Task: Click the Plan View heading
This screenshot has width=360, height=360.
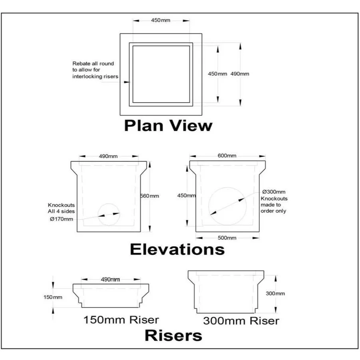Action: pyautogui.click(x=168, y=125)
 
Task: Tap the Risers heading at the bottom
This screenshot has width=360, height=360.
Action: pyautogui.click(x=173, y=335)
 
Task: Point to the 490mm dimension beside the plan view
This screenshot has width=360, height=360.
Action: pyautogui.click(x=240, y=74)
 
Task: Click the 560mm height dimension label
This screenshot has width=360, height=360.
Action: pyautogui.click(x=149, y=196)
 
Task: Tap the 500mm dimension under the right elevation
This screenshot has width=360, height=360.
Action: pyautogui.click(x=227, y=238)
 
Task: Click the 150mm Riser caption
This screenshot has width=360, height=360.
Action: pyautogui.click(x=121, y=320)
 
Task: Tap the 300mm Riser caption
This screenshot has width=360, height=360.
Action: pyautogui.click(x=241, y=320)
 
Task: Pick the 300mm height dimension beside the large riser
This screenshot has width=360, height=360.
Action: pyautogui.click(x=275, y=293)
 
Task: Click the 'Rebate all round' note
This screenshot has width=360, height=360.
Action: pyautogui.click(x=93, y=70)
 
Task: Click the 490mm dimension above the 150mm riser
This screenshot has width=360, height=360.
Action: pyautogui.click(x=111, y=279)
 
